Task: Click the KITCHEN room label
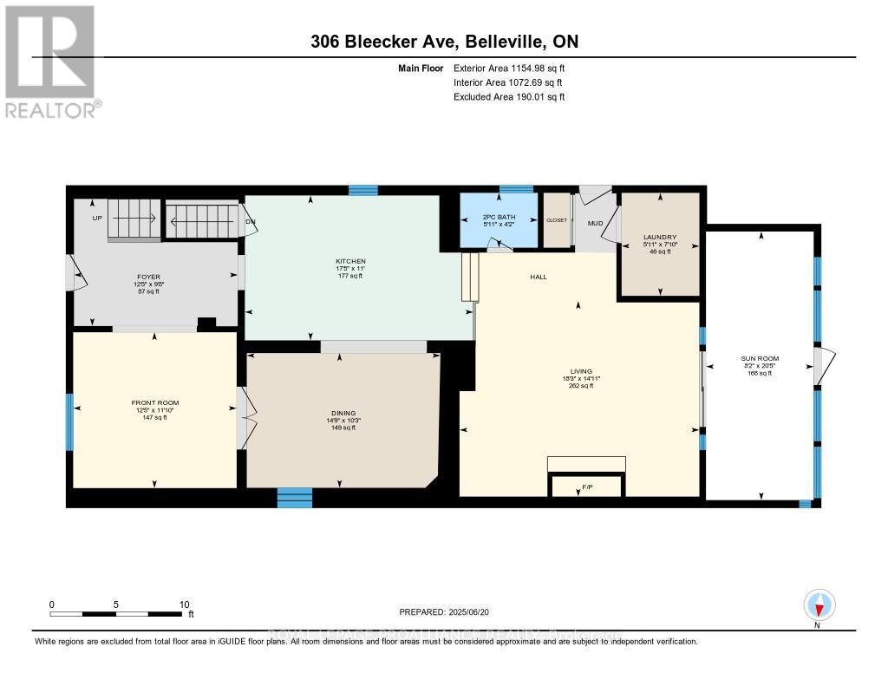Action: point(351,261)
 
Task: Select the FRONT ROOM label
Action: point(154,403)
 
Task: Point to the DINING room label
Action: point(343,413)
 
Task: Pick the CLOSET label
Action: point(556,220)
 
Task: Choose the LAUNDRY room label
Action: point(659,237)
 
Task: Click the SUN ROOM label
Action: point(760,358)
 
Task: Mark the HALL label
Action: point(539,277)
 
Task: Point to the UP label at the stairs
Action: point(97,218)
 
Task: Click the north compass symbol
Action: point(818,604)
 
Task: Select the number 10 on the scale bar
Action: point(183,604)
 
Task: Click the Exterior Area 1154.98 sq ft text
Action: point(509,68)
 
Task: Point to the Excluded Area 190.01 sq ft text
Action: point(509,97)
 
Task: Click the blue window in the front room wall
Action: point(69,421)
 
